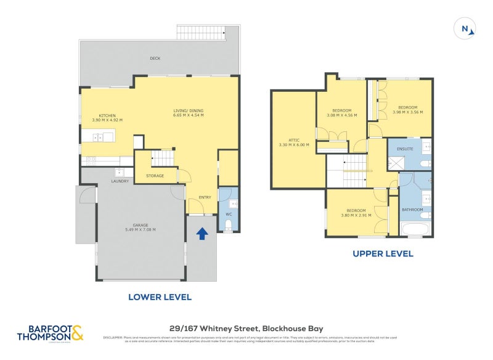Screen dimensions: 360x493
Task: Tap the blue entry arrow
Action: (x=201, y=234)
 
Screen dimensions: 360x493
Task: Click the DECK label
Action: (x=155, y=59)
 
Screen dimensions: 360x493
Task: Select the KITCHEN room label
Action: (x=107, y=115)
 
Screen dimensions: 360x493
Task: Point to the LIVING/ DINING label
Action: (x=188, y=111)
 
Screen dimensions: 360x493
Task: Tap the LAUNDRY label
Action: (x=120, y=181)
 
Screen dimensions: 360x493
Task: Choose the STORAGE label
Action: (x=155, y=176)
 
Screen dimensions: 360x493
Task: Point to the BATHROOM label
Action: (x=412, y=210)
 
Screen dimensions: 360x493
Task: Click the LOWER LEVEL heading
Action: (x=160, y=297)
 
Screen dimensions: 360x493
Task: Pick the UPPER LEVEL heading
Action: (x=382, y=253)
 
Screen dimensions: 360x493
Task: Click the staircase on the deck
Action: (x=202, y=32)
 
